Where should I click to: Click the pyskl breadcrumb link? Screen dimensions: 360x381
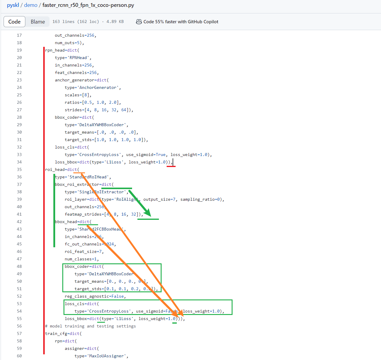pyautogui.click(x=13, y=5)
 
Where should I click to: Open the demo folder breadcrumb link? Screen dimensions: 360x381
pyautogui.click(x=31, y=5)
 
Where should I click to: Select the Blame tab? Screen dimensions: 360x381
pyautogui.click(x=38, y=22)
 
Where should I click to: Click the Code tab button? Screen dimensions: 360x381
pyautogui.click(x=14, y=22)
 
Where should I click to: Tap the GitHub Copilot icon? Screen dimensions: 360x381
pyautogui.click(x=139, y=22)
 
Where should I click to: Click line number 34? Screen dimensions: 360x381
pyautogui.click(x=19, y=162)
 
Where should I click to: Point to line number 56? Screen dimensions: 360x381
pyautogui.click(x=19, y=326)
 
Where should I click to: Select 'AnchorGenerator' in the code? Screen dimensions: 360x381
pyautogui.click(x=98, y=87)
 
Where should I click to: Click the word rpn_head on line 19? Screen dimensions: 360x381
pyautogui.click(x=55, y=50)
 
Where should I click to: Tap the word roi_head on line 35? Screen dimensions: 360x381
pyautogui.click(x=55, y=169)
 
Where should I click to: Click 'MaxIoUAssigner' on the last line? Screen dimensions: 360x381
pyautogui.click(x=108, y=356)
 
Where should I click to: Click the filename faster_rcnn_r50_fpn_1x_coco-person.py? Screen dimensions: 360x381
pyautogui.click(x=88, y=5)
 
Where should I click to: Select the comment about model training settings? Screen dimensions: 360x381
pyautogui.click(x=90, y=326)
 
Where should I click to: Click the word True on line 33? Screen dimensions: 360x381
pyautogui.click(x=160, y=154)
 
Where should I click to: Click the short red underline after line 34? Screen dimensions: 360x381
pyautogui.click(x=171, y=166)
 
